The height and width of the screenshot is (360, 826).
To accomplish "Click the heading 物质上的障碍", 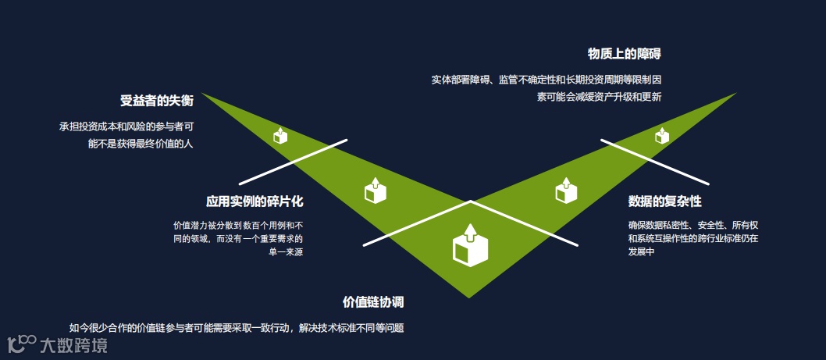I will [625, 54].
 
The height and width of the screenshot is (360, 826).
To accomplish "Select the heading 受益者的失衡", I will [157, 100].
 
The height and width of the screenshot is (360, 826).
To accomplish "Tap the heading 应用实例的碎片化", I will [255, 201].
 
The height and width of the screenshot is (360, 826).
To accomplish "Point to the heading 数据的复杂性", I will [665, 201].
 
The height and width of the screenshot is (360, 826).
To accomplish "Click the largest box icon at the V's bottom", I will [470, 245].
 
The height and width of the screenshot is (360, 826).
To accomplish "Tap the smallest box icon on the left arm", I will [280, 135].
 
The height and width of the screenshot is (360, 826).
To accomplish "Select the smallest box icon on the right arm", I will [662, 135].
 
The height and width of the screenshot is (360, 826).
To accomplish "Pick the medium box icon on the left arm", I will [376, 190].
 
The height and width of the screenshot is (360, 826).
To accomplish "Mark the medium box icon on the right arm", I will [566, 190].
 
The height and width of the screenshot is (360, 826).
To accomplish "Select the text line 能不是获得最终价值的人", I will [141, 144].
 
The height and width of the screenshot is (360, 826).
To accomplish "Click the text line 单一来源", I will [286, 252].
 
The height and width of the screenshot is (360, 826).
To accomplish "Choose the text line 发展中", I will [640, 252].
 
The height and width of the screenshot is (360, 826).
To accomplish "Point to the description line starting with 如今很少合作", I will [237, 328].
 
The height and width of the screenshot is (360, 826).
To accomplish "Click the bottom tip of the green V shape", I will [469, 296].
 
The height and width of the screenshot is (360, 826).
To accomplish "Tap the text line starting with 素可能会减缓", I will [599, 98].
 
